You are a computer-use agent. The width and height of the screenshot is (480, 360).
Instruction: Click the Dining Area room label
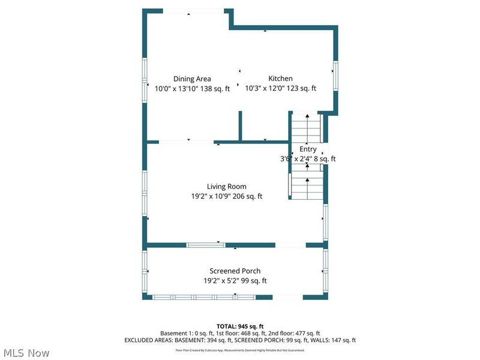click(x=192, y=79)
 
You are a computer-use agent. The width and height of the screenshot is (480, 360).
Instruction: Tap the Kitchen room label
click(x=280, y=79)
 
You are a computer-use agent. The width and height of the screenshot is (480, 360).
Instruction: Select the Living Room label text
click(x=227, y=187)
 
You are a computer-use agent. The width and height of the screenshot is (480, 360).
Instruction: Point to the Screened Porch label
click(x=235, y=271)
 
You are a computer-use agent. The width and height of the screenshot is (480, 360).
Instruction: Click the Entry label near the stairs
click(x=308, y=149)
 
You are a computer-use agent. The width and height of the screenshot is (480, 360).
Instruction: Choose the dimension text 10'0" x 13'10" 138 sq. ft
click(x=192, y=88)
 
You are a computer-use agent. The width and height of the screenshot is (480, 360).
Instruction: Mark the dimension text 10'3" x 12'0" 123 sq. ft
click(x=280, y=88)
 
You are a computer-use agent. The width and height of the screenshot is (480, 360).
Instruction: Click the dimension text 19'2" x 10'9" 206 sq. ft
click(x=227, y=196)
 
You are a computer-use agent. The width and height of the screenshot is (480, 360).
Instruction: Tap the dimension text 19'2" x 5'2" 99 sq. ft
click(x=235, y=281)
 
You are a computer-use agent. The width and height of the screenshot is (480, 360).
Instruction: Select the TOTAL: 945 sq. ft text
click(x=240, y=325)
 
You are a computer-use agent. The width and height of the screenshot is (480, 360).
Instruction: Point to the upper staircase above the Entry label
click(x=307, y=127)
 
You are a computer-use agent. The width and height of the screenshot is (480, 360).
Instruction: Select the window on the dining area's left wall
click(x=144, y=78)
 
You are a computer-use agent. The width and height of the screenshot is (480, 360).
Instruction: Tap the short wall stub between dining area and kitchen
click(x=240, y=127)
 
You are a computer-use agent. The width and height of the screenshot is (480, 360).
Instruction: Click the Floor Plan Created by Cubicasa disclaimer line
click(x=240, y=350)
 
